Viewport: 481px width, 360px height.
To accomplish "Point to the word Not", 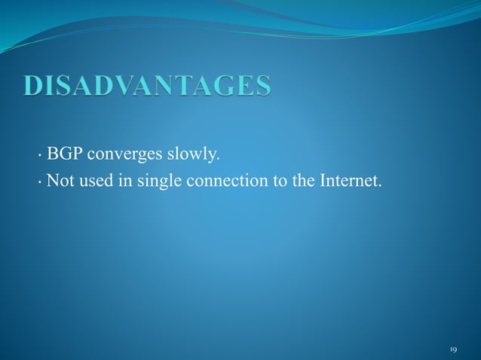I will [x=58, y=181].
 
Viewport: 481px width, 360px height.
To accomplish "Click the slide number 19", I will [x=453, y=349].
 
